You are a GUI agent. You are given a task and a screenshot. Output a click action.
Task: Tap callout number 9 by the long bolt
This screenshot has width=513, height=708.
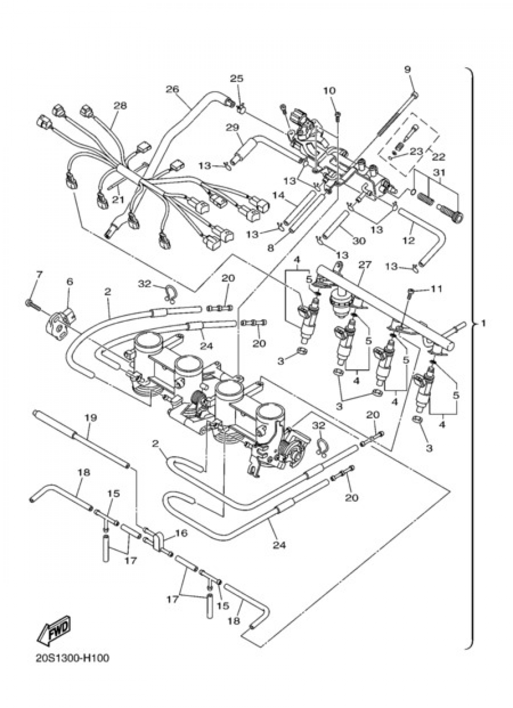[x=407, y=70]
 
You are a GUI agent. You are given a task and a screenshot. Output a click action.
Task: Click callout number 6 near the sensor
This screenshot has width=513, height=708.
[x=70, y=282]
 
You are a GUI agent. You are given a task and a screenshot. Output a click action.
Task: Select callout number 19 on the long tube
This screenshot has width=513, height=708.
[x=90, y=418]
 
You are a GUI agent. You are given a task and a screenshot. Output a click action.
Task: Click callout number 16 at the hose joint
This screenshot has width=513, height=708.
[x=181, y=534]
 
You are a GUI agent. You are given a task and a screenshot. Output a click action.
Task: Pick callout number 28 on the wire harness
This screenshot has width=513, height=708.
[x=120, y=106]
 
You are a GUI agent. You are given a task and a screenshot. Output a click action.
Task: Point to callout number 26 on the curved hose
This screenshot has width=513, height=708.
[x=172, y=89]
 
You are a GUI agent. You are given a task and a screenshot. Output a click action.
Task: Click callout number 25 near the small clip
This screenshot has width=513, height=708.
[x=236, y=78]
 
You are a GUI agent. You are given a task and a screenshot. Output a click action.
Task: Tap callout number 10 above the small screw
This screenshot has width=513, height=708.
[x=329, y=91]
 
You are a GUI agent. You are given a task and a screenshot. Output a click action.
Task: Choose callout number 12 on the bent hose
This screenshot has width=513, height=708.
[x=408, y=240]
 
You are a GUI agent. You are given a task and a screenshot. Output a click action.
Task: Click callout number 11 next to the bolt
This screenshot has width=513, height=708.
[x=436, y=289]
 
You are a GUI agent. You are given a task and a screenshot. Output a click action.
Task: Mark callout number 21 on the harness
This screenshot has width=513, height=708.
[x=119, y=199]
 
